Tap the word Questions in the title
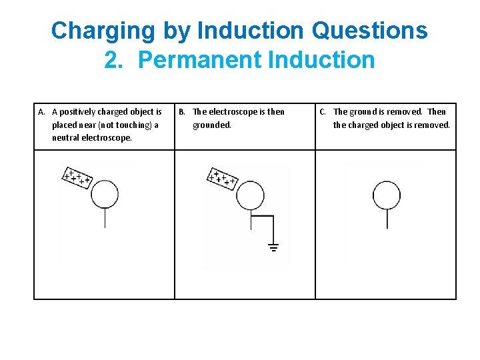pos(369,30)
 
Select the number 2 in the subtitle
pos(113,59)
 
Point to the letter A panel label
pos(41,112)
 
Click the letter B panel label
pos(182,112)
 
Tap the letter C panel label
pos(323,112)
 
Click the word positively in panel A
pos(77,113)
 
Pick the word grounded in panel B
pos(212,125)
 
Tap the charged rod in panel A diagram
pos(77,178)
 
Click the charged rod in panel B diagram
pos(222,179)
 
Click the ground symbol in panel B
pos(273,247)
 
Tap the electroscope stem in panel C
pos(387,219)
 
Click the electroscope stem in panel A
pos(105,218)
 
